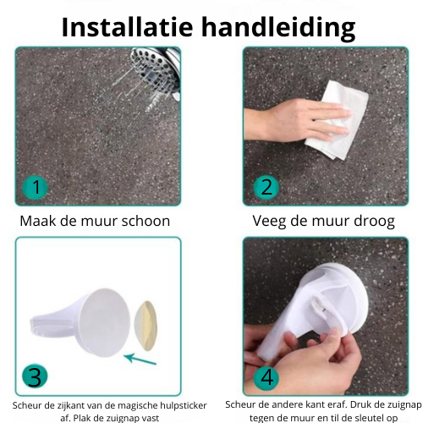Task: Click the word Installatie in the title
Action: [x=127, y=27]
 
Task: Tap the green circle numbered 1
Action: [x=36, y=187]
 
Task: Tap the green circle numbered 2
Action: [x=266, y=187]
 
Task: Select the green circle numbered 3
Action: [x=35, y=376]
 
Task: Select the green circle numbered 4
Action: [x=266, y=377]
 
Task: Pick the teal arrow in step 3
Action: [x=140, y=359]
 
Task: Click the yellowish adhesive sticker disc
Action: [x=146, y=326]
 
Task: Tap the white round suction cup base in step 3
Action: [x=104, y=323]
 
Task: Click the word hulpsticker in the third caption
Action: [x=184, y=406]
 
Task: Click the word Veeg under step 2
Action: [x=269, y=222]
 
